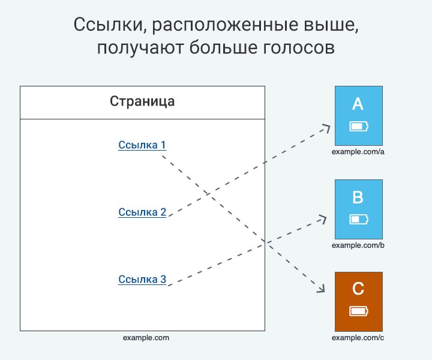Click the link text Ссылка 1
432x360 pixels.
tap(142, 145)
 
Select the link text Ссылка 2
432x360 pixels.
tap(142, 212)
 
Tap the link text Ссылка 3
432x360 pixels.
tap(142, 279)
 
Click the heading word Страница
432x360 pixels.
tap(142, 101)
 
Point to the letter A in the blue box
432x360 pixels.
tap(358, 104)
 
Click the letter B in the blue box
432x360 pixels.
tap(358, 197)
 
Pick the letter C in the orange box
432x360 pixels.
tap(358, 289)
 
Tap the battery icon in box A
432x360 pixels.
tap(359, 127)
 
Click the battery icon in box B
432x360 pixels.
tap(359, 220)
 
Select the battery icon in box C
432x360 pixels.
tap(359, 311)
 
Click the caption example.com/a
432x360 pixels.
tap(358, 152)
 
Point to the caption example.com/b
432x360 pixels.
tap(358, 245)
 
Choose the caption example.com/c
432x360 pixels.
tap(358, 338)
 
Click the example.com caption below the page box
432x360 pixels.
tap(146, 338)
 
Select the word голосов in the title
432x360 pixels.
tap(299, 47)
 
